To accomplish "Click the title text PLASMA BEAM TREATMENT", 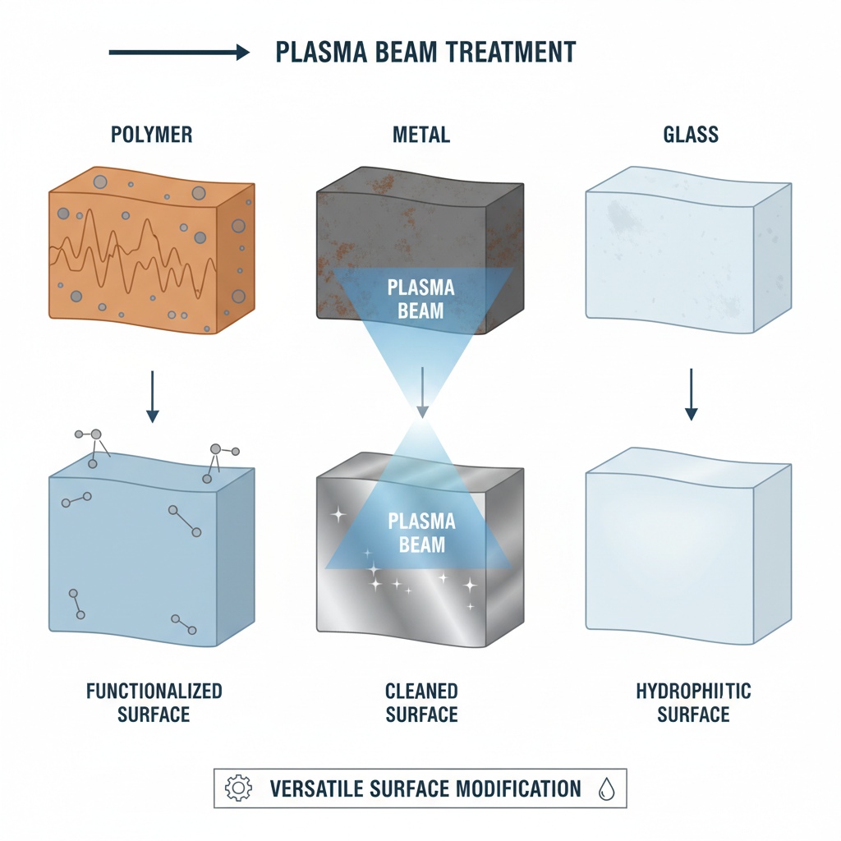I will click(x=425, y=53).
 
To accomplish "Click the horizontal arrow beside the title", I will click(x=178, y=53).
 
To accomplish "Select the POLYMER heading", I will click(x=152, y=134).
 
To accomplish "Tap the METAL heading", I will click(x=420, y=134).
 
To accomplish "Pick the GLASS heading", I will click(x=690, y=134).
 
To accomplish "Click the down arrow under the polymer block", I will click(x=152, y=396).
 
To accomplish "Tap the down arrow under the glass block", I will click(x=691, y=394).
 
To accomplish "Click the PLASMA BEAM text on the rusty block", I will click(x=420, y=300).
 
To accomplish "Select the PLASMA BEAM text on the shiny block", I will click(x=420, y=531).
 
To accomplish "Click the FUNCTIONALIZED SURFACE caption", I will click(x=154, y=702).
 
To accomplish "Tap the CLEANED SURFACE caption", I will click(x=421, y=702).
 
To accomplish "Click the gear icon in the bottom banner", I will click(x=238, y=789).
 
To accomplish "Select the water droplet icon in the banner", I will click(x=605, y=789).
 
